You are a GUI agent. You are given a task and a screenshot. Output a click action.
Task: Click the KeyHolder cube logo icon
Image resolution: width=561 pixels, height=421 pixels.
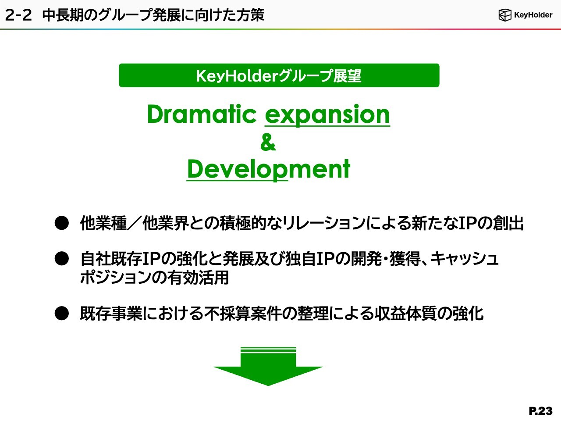pyautogui.click(x=505, y=15)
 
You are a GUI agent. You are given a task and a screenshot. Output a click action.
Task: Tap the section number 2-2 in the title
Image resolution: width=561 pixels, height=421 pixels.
pyautogui.click(x=18, y=15)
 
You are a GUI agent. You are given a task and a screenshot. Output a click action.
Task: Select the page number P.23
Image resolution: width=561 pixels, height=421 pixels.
pyautogui.click(x=540, y=411)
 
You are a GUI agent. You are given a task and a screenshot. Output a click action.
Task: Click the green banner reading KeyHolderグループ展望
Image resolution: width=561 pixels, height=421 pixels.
pyautogui.click(x=279, y=75)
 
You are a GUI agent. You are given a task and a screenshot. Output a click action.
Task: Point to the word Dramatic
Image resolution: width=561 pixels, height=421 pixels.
pyautogui.click(x=202, y=114)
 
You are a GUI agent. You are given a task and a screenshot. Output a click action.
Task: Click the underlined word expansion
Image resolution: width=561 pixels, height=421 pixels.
pyautogui.click(x=327, y=115)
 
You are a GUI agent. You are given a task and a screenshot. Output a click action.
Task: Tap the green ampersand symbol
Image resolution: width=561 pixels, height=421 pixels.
pyautogui.click(x=268, y=142)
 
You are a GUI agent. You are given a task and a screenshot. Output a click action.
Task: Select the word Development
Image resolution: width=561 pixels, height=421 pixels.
pyautogui.click(x=268, y=169)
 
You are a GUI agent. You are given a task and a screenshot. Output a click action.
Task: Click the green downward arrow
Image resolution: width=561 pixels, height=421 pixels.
pyautogui.click(x=268, y=366)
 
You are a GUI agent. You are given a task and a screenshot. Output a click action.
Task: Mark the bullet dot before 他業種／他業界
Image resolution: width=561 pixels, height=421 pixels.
pyautogui.click(x=62, y=223)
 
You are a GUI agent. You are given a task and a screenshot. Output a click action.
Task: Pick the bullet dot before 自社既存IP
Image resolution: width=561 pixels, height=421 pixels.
pyautogui.click(x=62, y=259)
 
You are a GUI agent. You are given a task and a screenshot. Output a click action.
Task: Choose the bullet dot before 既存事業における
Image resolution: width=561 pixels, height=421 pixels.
pyautogui.click(x=62, y=314)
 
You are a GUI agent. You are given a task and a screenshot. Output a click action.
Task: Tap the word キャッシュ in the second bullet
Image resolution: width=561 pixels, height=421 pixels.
pyautogui.click(x=464, y=259)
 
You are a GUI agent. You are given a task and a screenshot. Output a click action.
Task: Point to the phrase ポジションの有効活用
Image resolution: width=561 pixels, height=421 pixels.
pyautogui.click(x=154, y=277)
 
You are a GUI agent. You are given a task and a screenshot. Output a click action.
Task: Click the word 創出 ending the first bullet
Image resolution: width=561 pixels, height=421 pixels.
pyautogui.click(x=508, y=223)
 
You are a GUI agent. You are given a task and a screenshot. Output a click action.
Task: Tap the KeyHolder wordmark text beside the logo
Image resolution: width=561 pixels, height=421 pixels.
pyautogui.click(x=533, y=15)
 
